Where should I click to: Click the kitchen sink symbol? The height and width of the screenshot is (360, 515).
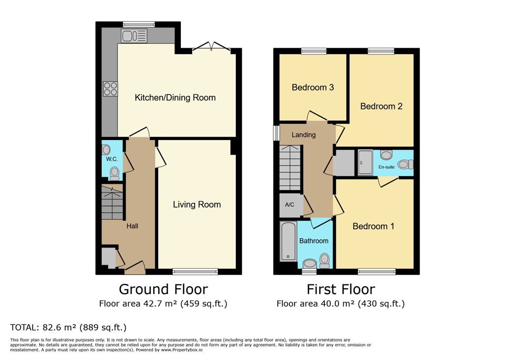pos(134,35)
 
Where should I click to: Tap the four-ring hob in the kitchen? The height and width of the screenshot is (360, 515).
pos(111,88)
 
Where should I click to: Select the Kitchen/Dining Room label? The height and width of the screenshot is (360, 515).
pos(175,97)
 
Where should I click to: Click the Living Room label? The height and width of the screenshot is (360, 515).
pos(197,204)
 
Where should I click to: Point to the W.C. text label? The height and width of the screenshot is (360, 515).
pos(112,159)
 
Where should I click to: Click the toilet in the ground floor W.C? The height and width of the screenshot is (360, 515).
pos(114,173)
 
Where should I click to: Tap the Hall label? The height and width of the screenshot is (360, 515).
pos(132,226)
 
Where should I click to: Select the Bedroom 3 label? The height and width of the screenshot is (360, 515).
pos(313,87)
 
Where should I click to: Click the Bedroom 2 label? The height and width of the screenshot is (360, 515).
pos(381,106)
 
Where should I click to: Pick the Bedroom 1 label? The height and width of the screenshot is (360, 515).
pos(373,226)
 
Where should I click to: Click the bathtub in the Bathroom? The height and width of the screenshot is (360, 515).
pos(288,241)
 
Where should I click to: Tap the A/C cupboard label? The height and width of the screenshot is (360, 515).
pos(289,205)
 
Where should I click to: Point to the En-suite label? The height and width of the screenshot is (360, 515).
pos(387,167)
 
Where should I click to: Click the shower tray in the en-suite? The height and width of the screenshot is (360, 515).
pos(365,163)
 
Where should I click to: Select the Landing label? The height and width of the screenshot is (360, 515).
pos(304,135)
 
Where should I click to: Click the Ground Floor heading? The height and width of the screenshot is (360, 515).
pos(163,289)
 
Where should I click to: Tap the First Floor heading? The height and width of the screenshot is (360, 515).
pos(341,289)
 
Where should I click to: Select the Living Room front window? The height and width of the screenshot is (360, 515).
pos(195,272)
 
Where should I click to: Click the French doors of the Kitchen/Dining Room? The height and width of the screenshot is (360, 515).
pos(211,47)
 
